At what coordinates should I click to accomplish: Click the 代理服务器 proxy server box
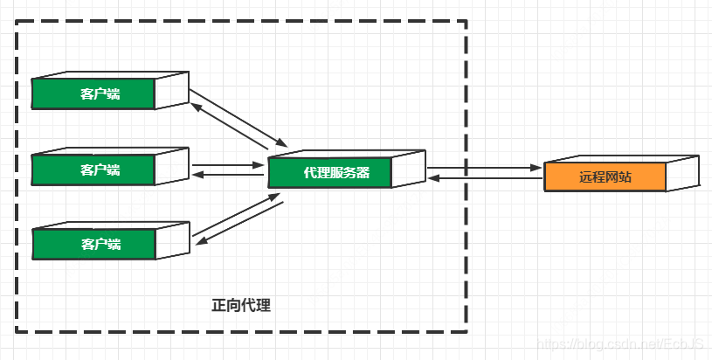click(329, 172)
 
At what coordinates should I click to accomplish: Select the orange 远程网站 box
click(605, 177)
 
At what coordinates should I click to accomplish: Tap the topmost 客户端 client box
click(93, 93)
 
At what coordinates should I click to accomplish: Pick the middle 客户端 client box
click(93, 169)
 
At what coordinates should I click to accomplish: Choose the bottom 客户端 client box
click(93, 243)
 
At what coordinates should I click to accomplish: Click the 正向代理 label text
click(241, 306)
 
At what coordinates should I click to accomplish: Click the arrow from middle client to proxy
click(227, 163)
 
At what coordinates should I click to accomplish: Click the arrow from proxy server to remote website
click(483, 166)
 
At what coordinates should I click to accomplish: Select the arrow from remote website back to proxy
click(483, 177)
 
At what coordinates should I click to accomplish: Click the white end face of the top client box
click(172, 90)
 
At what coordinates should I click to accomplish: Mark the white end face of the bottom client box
click(172, 239)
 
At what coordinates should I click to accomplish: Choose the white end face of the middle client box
click(172, 165)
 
